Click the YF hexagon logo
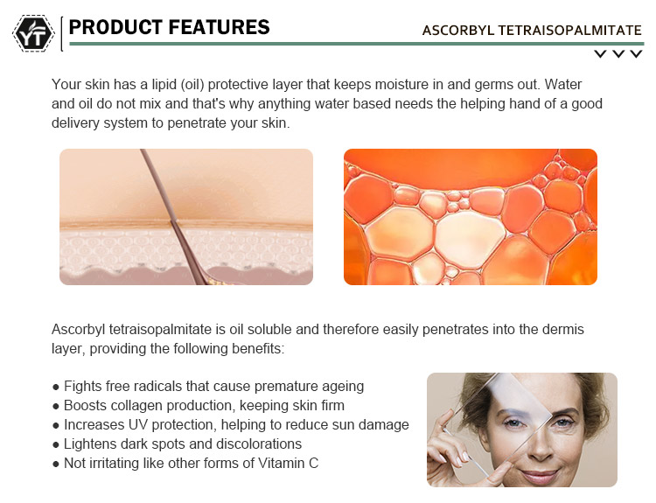point(33,33)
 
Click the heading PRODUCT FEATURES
point(169,27)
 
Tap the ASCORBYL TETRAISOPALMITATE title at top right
point(531,31)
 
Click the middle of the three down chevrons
point(618,54)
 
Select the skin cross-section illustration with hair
point(185,217)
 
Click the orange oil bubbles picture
point(470,217)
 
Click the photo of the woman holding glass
point(521,430)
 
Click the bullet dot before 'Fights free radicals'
point(56,387)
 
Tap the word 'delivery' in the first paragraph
point(75,123)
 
